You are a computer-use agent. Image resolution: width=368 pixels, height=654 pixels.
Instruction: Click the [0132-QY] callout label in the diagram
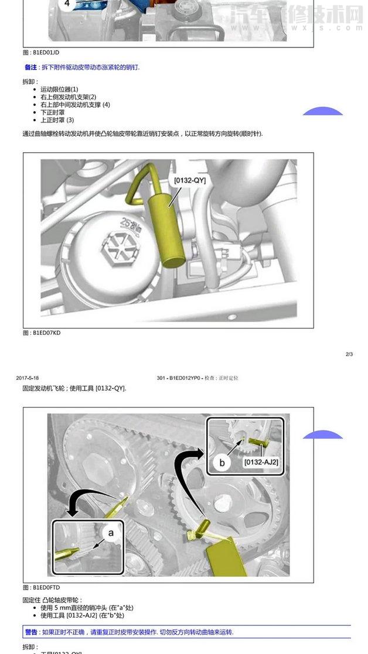pos(190,181)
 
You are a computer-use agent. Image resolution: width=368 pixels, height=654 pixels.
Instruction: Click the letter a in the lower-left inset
pos(111,532)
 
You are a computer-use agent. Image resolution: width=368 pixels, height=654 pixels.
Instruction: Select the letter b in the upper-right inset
pos(222,463)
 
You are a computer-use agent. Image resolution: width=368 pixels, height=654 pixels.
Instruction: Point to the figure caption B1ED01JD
pos(42,53)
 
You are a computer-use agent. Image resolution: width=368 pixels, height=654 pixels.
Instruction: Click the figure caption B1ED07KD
pos(42,333)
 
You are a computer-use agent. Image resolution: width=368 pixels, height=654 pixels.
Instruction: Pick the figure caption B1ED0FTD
pos(42,587)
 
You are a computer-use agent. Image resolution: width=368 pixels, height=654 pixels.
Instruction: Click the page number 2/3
pos(349,354)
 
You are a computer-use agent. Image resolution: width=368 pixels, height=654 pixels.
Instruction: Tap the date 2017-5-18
pos(28,378)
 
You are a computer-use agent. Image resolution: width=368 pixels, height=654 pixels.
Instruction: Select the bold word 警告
pos(30,632)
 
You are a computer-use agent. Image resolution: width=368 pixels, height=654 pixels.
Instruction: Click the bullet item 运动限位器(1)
pos(59,89)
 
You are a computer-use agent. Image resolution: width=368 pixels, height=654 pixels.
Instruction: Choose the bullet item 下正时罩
pos(53,112)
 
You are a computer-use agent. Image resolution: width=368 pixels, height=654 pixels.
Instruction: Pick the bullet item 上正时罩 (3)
pos(57,120)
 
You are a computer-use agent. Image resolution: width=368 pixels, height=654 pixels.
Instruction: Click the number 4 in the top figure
pos(67,3)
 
